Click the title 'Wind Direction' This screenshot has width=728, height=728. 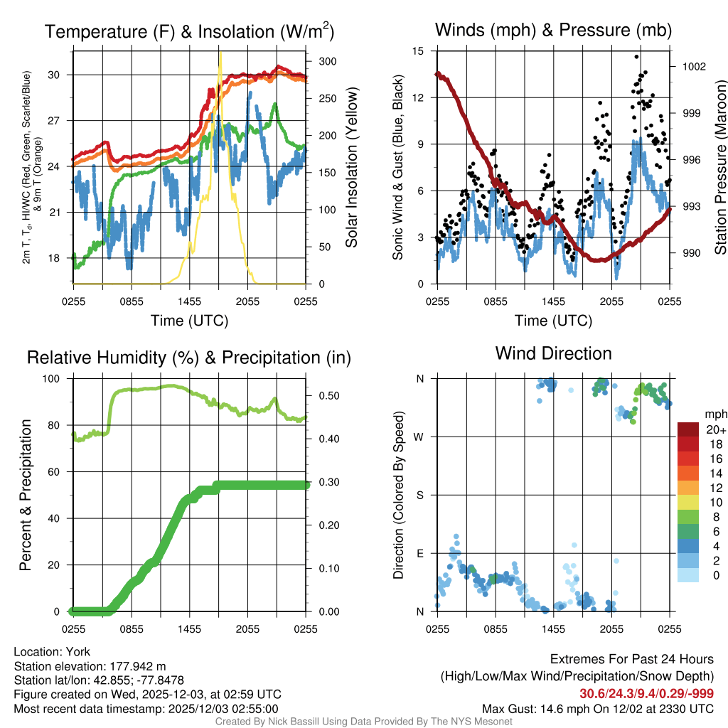click(x=553, y=353)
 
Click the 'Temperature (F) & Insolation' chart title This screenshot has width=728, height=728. click(x=189, y=32)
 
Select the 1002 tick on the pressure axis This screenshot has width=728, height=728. click(x=693, y=66)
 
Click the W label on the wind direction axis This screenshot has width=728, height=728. click(x=419, y=437)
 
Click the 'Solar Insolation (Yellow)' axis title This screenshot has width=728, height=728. click(x=351, y=168)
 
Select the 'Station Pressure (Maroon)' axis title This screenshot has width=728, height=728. click(x=719, y=168)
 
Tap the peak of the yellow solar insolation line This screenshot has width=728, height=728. click(x=220, y=53)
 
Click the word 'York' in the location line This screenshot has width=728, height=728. click(x=78, y=652)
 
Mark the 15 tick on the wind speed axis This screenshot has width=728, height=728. click(x=418, y=51)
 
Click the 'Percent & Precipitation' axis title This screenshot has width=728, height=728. click(x=25, y=495)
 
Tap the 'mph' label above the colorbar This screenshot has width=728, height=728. click(x=714, y=414)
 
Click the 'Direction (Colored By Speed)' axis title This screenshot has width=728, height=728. click(x=398, y=494)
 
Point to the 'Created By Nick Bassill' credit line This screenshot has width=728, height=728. click(x=363, y=722)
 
